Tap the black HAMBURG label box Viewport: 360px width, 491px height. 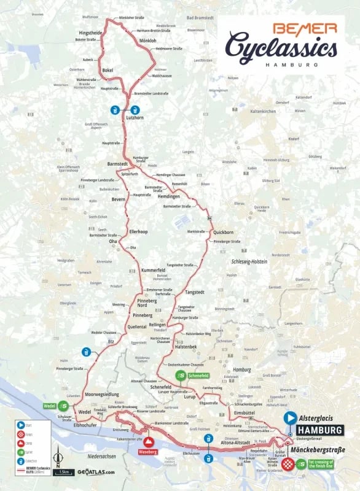click(319, 430)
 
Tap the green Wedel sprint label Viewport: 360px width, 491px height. click(54, 406)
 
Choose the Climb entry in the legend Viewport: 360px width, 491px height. click(28, 442)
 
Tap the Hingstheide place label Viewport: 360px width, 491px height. click(90, 32)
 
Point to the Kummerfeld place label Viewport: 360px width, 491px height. click(153, 271)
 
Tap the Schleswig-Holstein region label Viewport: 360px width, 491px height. click(249, 261)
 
